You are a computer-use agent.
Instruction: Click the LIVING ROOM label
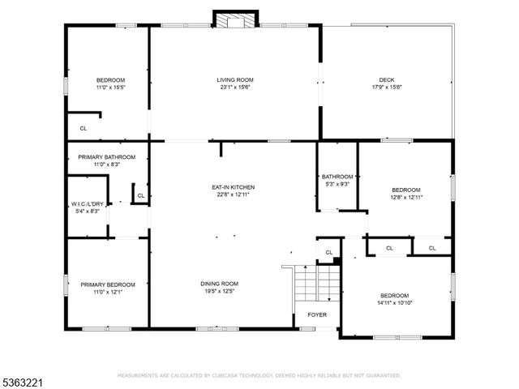(235, 79)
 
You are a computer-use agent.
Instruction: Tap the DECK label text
(386, 79)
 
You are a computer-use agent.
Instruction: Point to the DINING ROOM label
(220, 283)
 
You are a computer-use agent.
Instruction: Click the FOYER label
(315, 315)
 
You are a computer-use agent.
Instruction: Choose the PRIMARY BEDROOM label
(107, 284)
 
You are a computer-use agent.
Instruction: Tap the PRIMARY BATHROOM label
(106, 156)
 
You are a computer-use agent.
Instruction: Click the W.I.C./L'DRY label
(85, 203)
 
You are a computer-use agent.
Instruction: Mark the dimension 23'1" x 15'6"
(235, 87)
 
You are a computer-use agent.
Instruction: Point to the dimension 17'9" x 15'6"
(386, 87)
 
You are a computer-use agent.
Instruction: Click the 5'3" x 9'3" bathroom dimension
(337, 184)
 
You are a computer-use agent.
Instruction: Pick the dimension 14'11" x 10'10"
(394, 302)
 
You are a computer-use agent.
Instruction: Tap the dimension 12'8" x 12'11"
(406, 196)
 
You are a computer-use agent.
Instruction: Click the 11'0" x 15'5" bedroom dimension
(110, 87)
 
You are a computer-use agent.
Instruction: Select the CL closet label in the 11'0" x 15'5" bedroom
(83, 128)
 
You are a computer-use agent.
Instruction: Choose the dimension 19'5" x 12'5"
(220, 291)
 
